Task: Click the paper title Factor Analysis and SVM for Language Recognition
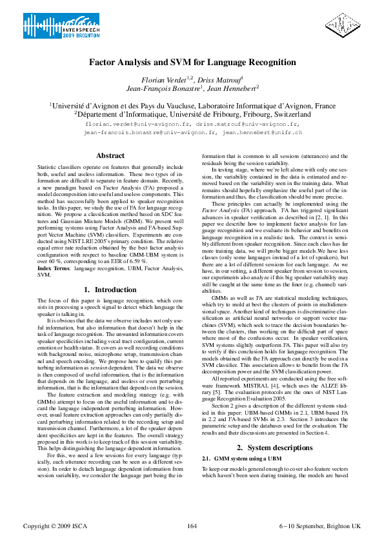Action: coord(192,63)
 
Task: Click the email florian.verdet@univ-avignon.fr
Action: coord(137,123)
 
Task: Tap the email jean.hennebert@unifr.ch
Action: coord(262,132)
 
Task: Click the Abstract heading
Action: coord(110,156)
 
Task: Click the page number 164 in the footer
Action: coord(192,526)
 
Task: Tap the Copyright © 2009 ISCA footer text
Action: coord(49,526)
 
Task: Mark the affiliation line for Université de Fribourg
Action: coord(192,114)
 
